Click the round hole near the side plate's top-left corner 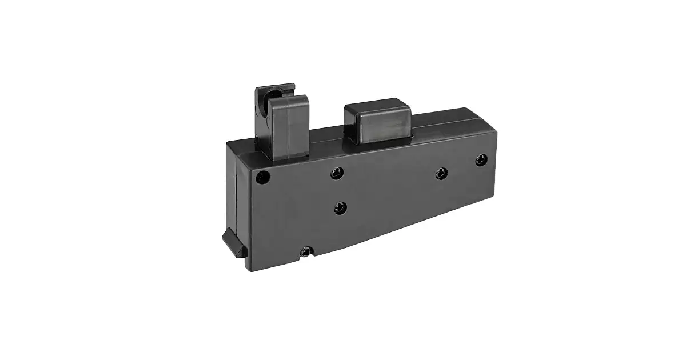[262, 177]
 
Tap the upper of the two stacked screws [337, 172]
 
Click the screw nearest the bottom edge [308, 250]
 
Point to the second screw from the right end [441, 173]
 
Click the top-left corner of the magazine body [228, 143]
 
